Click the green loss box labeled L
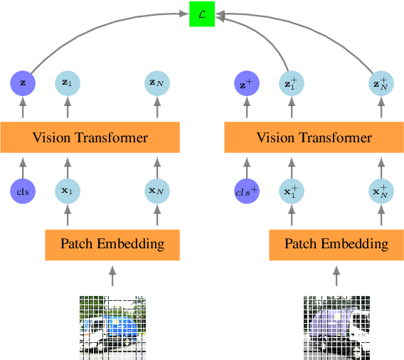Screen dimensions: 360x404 click(202, 14)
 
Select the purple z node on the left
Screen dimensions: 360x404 click(23, 83)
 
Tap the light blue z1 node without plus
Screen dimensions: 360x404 click(68, 83)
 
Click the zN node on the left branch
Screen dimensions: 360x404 click(156, 83)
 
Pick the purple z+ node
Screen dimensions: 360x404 click(247, 83)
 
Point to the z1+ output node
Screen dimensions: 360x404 click(292, 83)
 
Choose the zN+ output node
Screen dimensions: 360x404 click(381, 83)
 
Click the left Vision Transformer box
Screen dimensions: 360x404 click(90, 137)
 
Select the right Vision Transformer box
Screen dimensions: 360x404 click(314, 137)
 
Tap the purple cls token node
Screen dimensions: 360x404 click(23, 191)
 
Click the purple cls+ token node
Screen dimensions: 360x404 click(247, 191)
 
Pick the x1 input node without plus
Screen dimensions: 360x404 click(68, 191)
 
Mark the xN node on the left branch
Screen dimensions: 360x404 click(156, 191)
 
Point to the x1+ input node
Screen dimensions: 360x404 click(292, 191)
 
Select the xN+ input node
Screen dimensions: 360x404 click(381, 191)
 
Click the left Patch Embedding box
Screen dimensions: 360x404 click(112, 244)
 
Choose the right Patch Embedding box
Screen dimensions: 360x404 click(336, 244)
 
